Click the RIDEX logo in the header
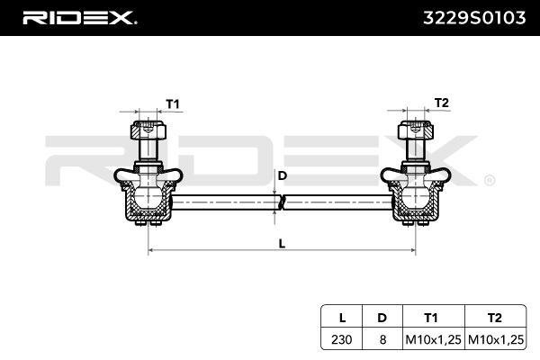point(79,17)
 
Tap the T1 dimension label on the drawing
point(172,103)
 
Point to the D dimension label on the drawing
point(282,175)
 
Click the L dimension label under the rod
point(282,243)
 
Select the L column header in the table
point(341,317)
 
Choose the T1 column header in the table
point(431,317)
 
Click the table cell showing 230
point(341,338)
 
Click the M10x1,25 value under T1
point(431,338)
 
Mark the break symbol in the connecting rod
point(279,204)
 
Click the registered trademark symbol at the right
point(489,180)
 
